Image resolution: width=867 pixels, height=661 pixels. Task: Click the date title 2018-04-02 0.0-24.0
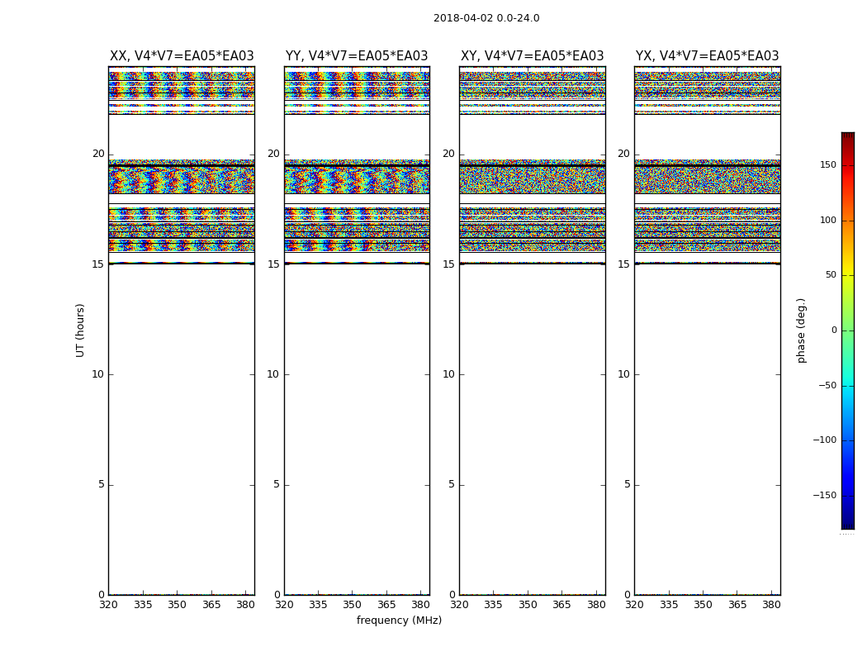coord(486,18)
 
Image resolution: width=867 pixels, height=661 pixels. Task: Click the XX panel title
coord(182,56)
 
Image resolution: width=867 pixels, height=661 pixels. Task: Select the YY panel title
coord(357,56)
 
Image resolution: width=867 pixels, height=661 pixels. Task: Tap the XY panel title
coord(532,56)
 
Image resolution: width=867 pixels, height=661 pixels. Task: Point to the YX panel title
coord(707,56)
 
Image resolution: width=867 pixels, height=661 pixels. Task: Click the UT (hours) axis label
coord(81,330)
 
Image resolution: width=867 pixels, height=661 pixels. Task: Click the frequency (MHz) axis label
coord(399,621)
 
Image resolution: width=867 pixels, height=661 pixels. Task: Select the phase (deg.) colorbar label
coord(802,330)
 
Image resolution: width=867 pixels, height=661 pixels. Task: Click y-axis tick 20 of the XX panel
coord(98,154)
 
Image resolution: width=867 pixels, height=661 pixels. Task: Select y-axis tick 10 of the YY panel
coord(273,374)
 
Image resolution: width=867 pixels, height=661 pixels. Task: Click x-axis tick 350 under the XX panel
coord(177,604)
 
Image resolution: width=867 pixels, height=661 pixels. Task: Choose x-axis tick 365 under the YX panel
coord(737,604)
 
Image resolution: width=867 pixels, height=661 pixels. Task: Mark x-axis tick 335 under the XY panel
coord(493,604)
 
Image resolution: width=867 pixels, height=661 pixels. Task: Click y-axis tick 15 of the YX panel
coord(624,264)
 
